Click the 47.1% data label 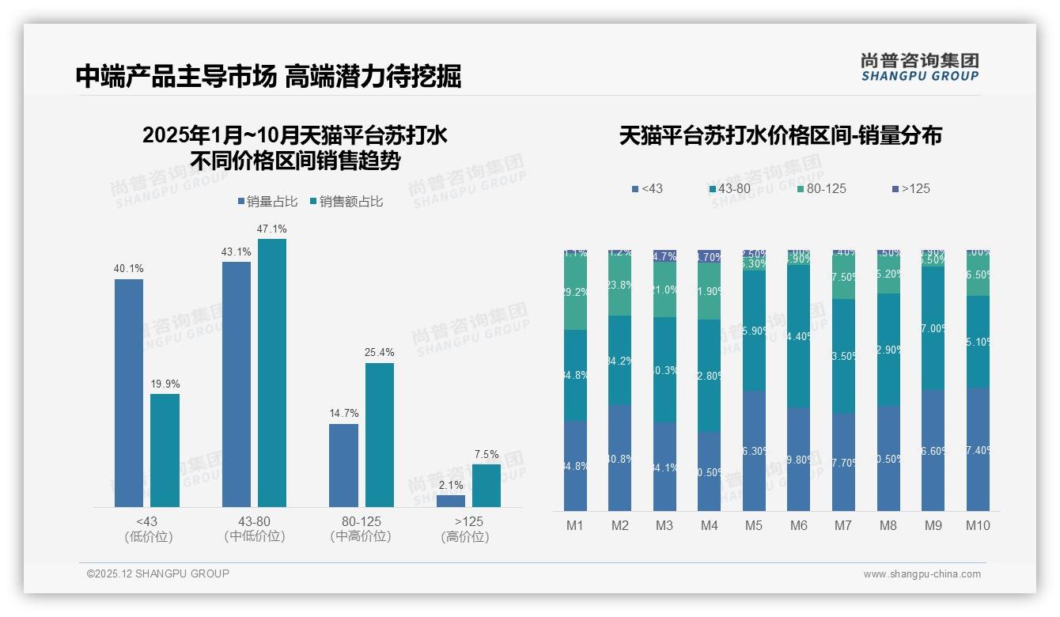click(x=271, y=229)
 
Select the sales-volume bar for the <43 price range click(x=129, y=392)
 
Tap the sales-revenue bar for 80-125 click(x=380, y=434)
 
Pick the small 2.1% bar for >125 click(x=451, y=501)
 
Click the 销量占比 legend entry click(x=267, y=202)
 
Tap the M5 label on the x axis click(x=754, y=525)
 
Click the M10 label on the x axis click(x=978, y=525)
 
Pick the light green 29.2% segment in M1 click(x=575, y=292)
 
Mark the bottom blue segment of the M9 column click(x=933, y=450)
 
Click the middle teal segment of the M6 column click(x=798, y=336)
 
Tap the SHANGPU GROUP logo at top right click(x=920, y=66)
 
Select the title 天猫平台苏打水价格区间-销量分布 click(x=780, y=135)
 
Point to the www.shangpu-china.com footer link click(x=922, y=574)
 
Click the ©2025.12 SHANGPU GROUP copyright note click(x=158, y=573)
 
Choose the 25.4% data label click(x=380, y=353)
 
